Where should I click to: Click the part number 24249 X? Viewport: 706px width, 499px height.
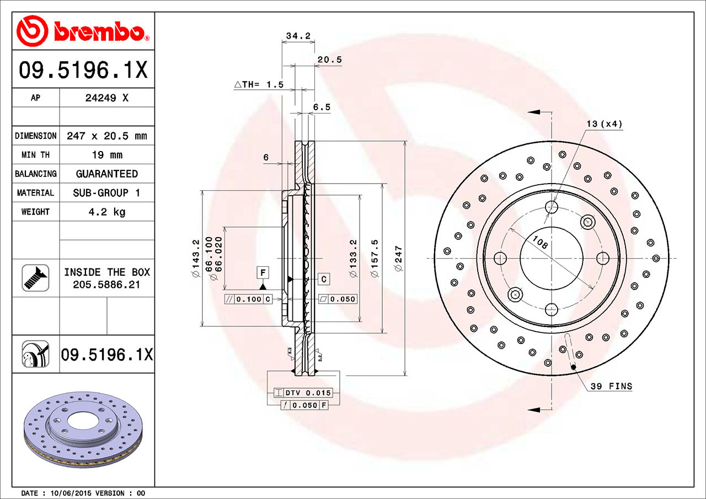106,98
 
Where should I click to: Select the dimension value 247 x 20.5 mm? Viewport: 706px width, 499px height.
106,136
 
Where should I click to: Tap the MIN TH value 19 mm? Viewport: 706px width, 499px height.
106,155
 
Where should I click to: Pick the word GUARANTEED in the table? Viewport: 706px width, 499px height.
106,174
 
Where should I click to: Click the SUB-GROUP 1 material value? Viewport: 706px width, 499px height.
106,192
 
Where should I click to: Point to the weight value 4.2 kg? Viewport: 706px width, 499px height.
106,212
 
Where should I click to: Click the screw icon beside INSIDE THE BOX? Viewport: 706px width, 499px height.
35,277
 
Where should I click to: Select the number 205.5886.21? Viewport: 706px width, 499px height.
106,285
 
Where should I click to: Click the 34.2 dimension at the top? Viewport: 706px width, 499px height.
298,36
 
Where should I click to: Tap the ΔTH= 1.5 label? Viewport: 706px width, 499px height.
259,84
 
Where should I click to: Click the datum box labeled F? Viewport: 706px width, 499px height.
263,272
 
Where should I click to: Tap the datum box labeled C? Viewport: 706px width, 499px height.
324,279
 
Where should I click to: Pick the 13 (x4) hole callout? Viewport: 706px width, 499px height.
603,124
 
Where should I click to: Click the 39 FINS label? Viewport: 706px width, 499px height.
611,387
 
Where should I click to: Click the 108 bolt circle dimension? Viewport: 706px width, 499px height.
540,242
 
